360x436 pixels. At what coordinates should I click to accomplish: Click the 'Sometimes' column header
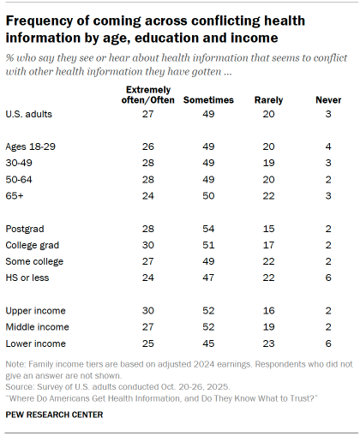click(207, 100)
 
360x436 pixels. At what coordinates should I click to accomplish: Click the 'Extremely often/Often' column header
click(148, 95)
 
